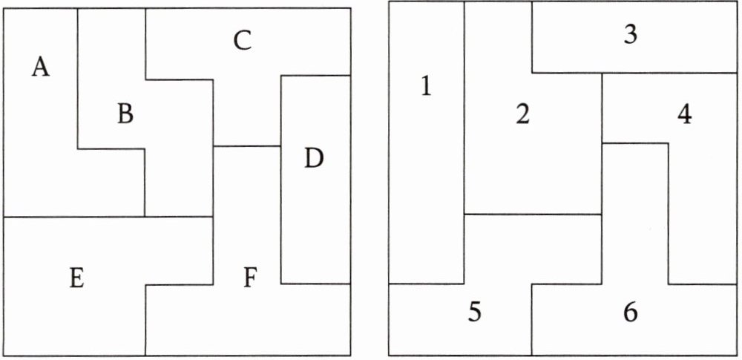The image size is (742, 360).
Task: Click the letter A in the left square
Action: [41, 68]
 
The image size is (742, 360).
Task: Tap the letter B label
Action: [125, 114]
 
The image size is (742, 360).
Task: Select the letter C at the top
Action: [243, 42]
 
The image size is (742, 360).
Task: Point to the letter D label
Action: [315, 159]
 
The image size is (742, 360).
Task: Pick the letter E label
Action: [75, 280]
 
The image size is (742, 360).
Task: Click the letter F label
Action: [250, 279]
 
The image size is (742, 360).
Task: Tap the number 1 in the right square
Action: [426, 88]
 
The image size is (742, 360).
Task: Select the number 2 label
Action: [523, 115]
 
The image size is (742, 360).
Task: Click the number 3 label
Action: [631, 36]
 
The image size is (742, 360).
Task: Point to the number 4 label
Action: [684, 115]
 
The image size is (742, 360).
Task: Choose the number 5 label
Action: [475, 312]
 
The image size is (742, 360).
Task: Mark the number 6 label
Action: [631, 312]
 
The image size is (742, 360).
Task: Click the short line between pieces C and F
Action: [247, 146]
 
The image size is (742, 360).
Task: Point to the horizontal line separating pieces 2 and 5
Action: [533, 215]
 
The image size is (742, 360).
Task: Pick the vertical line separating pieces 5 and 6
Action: [532, 319]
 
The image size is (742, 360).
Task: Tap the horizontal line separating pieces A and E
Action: [74, 217]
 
